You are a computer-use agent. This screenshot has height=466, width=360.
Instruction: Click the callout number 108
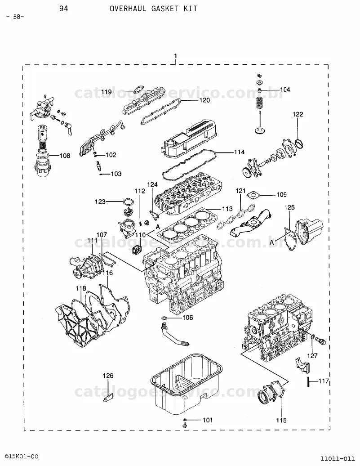click(x=65, y=156)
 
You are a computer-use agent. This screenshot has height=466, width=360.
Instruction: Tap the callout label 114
click(x=240, y=152)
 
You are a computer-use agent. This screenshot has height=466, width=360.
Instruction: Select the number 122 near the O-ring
click(x=298, y=114)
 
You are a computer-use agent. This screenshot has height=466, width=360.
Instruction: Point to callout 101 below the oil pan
click(x=208, y=420)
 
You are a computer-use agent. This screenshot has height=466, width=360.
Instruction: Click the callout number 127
click(x=312, y=355)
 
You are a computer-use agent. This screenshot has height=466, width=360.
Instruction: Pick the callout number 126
click(x=108, y=376)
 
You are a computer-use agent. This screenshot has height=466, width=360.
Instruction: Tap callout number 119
click(x=107, y=92)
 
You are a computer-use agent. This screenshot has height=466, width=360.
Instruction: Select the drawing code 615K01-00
click(x=22, y=456)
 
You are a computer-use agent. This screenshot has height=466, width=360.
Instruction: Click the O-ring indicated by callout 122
click(x=299, y=143)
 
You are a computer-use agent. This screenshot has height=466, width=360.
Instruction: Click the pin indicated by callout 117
click(x=309, y=381)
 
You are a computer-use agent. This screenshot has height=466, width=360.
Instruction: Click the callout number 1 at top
click(x=176, y=56)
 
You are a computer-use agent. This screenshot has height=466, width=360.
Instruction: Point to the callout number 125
click(x=289, y=207)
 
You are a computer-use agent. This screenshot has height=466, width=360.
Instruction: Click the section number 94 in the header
click(x=63, y=9)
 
